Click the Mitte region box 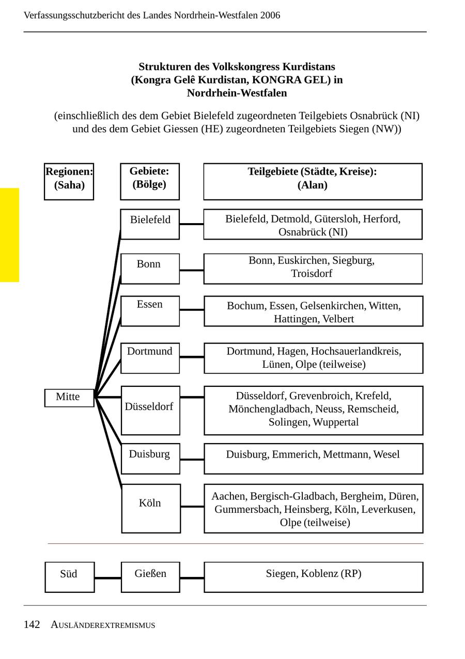69,398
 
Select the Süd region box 69,577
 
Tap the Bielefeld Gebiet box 150,224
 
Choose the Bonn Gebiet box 150,269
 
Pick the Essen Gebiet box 150,311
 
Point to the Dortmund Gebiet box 150,358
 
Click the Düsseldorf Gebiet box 150,410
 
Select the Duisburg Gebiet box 150,458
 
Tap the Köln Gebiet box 151,508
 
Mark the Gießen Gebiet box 150,577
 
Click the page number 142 32,624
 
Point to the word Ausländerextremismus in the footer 103,625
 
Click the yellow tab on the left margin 9,235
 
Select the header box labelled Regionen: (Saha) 69,181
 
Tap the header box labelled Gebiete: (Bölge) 149,181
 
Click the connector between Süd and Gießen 107,578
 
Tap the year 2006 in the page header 270,15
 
